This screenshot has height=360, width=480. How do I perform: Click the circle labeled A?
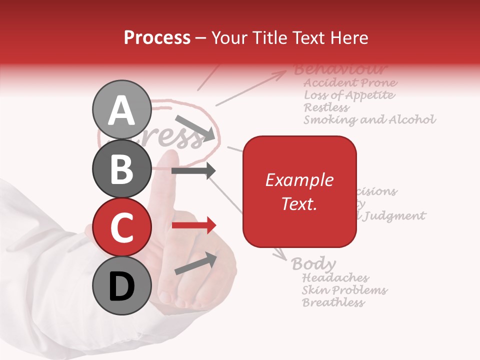121,110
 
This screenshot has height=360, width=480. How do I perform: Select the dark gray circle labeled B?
121,169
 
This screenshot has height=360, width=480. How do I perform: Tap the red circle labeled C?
121,227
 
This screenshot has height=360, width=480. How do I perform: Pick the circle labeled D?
121,285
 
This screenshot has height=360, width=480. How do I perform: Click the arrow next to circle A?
195,127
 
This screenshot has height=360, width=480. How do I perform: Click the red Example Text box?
299,191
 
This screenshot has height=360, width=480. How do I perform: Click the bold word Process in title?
157,37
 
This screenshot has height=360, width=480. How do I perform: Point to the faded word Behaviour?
340,69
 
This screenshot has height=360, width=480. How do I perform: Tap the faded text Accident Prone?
350,82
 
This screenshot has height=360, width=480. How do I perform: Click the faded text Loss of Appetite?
349,95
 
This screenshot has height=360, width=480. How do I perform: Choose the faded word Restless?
326,107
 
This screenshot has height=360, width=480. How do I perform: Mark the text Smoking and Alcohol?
369,120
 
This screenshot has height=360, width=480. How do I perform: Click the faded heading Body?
313,263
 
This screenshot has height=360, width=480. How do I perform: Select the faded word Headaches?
335,277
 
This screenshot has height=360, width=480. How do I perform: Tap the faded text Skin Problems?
344,290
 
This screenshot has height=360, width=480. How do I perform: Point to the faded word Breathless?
333,302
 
